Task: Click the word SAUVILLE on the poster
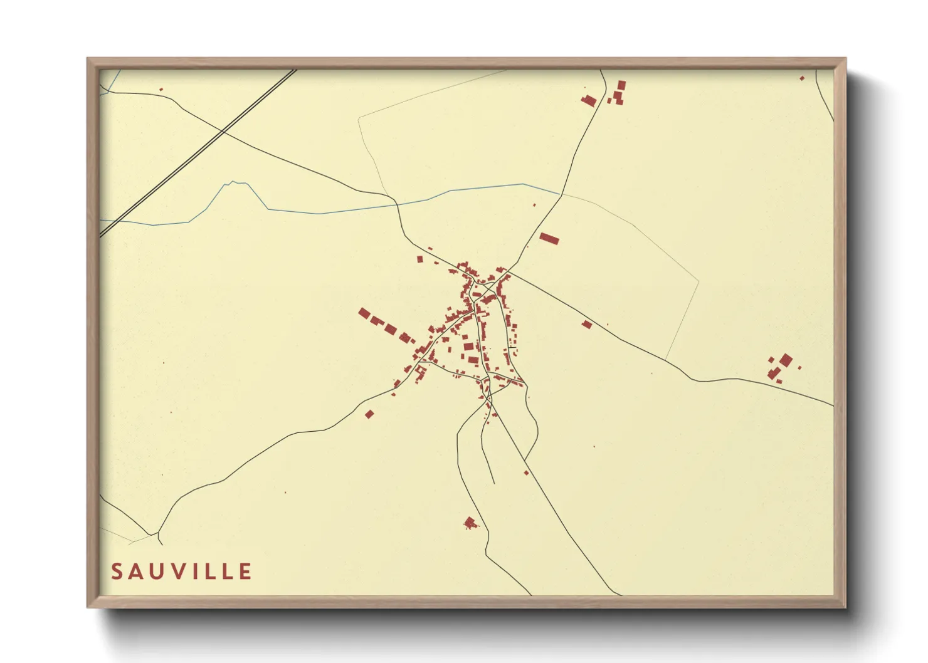tap(182, 572)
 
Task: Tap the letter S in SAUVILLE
tap(117, 572)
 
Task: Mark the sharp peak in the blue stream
tap(233, 182)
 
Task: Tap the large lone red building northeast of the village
tap(549, 239)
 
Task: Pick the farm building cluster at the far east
tap(781, 367)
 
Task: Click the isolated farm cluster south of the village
tap(470, 523)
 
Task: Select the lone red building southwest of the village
tap(369, 414)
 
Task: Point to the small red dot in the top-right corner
tap(802, 78)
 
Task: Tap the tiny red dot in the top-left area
tap(161, 90)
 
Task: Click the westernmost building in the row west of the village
tap(364, 313)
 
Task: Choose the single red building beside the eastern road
tap(587, 325)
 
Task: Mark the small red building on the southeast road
tap(526, 472)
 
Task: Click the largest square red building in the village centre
tap(468, 347)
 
